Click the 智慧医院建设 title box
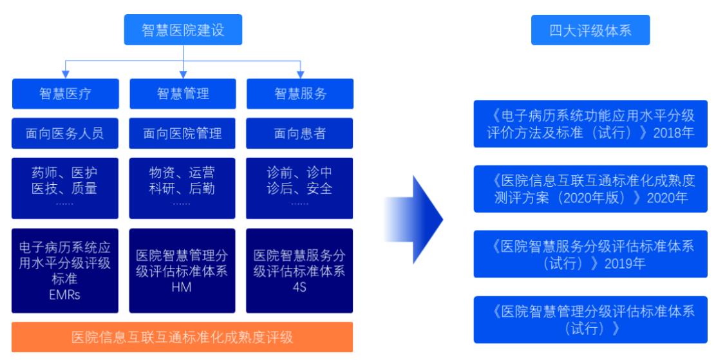pyautogui.click(x=183, y=30)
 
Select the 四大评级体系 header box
pyautogui.click(x=590, y=30)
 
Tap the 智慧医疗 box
pyautogui.click(x=65, y=94)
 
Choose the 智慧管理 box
pyautogui.click(x=183, y=94)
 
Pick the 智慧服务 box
pyautogui.click(x=300, y=94)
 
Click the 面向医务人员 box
pyautogui.click(x=65, y=133)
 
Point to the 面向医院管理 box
pyautogui.click(x=182, y=133)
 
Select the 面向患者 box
pyautogui.click(x=299, y=133)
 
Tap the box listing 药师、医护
pyautogui.click(x=65, y=188)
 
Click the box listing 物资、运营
pyautogui.click(x=182, y=188)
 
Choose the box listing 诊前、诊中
pyautogui.click(x=299, y=188)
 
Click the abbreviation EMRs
pyautogui.click(x=65, y=295)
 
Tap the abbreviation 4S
pyautogui.click(x=299, y=287)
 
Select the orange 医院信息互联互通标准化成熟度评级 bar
pyautogui.click(x=182, y=337)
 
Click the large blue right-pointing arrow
pyautogui.click(x=413, y=220)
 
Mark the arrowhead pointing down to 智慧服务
pyautogui.click(x=300, y=75)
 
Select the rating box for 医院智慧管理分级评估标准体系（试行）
pyautogui.click(x=590, y=319)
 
